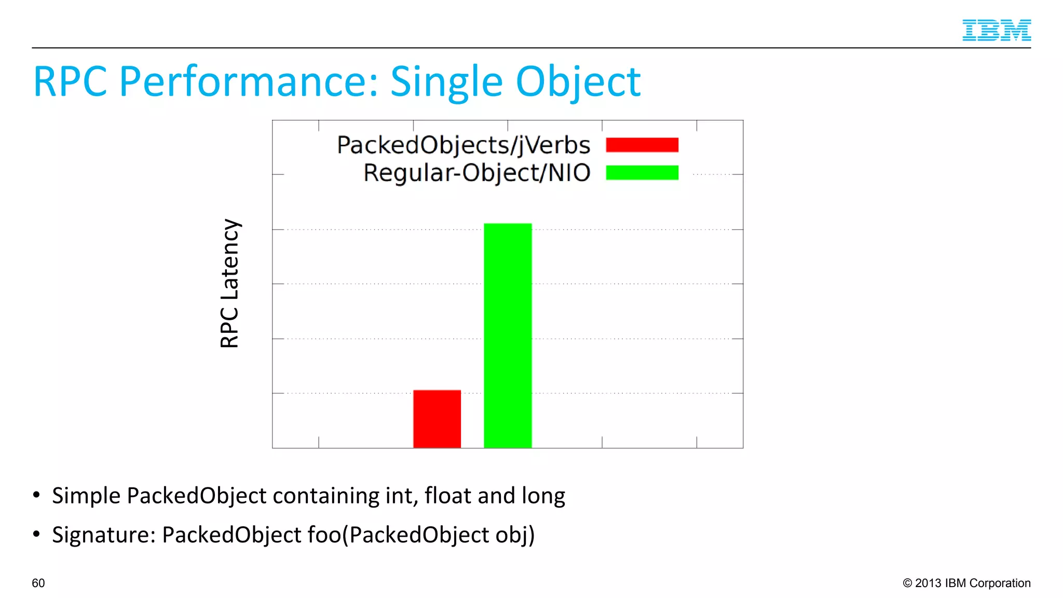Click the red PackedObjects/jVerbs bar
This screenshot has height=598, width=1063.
437,418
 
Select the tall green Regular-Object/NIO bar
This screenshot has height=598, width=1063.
507,335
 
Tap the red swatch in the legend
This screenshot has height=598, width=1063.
642,145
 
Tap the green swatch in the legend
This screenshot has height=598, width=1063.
642,172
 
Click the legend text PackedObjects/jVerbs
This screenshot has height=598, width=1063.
464,145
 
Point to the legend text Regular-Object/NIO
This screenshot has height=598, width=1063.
476,173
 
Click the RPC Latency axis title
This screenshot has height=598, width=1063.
229,283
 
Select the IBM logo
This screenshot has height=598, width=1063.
996,30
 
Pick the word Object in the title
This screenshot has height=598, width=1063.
578,82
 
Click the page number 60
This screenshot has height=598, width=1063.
38,583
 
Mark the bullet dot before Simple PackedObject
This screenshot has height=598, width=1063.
36,495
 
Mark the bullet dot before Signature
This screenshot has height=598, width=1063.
36,534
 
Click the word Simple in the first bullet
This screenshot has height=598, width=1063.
86,496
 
